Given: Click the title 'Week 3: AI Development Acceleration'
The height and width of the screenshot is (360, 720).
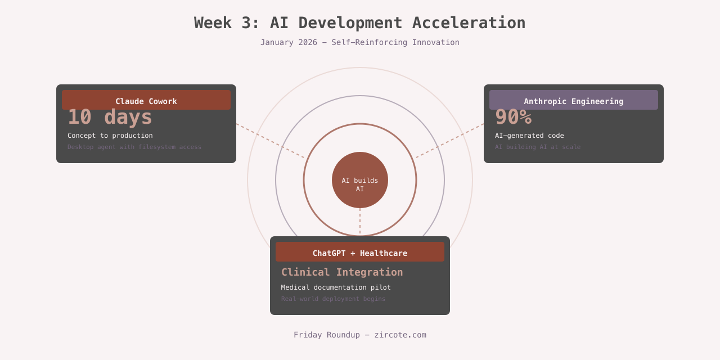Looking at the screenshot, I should [x=359, y=23].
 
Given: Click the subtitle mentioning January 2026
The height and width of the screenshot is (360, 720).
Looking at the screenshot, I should [x=359, y=42].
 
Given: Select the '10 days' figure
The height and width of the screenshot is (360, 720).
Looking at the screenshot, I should [x=110, y=118].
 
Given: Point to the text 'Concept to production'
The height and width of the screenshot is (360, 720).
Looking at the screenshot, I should [x=110, y=136].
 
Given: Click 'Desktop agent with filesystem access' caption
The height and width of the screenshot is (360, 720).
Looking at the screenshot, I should [x=134, y=147].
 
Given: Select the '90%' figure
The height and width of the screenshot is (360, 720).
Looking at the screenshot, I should [x=513, y=118].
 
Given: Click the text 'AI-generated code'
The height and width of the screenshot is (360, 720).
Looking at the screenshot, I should [x=529, y=136].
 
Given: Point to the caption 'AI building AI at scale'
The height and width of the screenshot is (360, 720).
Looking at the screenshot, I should [x=538, y=147].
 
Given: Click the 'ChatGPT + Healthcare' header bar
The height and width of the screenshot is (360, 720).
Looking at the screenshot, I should [x=360, y=252].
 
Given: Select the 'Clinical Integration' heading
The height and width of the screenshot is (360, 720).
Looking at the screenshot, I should [x=342, y=272].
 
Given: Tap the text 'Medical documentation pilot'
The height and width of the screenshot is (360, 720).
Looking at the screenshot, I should [x=336, y=287].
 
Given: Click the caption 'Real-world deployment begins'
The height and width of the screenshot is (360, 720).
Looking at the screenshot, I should [x=334, y=299].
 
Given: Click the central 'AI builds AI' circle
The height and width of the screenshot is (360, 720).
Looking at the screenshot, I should [x=360, y=180].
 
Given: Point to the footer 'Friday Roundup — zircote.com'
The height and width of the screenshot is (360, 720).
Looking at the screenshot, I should [x=360, y=335].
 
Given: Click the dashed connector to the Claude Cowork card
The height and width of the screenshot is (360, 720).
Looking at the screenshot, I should [x=270, y=141].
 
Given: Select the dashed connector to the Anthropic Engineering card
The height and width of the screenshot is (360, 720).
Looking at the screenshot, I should [x=450, y=141].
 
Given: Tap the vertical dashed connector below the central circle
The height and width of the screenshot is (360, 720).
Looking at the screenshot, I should [x=360, y=222].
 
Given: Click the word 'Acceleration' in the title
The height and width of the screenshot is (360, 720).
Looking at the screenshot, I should [x=469, y=23].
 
